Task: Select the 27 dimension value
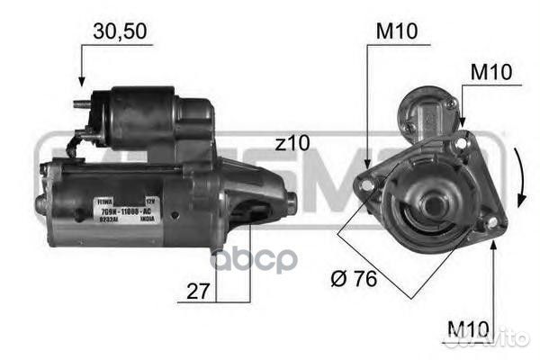click(200, 292)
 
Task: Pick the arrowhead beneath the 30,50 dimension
click(81, 82)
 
